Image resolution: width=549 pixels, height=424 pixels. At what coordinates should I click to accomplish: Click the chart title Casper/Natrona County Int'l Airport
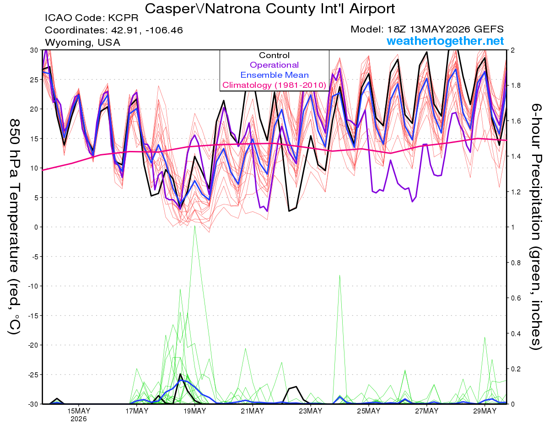point(269,9)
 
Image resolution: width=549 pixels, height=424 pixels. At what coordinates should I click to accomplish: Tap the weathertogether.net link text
point(445,41)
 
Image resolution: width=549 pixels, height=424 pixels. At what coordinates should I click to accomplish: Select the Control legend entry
point(274,55)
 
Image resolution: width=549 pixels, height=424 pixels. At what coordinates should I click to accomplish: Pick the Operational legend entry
point(274,65)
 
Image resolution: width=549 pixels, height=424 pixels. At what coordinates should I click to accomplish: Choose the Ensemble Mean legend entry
point(274,75)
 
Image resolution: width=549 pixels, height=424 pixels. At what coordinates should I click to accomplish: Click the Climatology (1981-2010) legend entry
point(274,85)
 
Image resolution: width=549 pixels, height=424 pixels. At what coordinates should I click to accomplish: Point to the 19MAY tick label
point(194,411)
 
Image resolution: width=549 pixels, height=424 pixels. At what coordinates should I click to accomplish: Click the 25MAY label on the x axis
point(368,411)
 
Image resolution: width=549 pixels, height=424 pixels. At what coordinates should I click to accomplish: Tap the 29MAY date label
point(484,411)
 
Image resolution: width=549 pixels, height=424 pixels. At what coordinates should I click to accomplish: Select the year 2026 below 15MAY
point(79,419)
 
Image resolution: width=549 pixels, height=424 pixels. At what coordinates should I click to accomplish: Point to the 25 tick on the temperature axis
point(34,80)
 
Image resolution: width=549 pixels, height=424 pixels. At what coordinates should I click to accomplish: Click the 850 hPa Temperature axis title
point(14,227)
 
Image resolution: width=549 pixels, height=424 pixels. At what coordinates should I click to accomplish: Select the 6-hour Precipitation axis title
point(535,227)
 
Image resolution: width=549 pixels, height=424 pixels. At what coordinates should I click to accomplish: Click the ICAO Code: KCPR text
point(91,18)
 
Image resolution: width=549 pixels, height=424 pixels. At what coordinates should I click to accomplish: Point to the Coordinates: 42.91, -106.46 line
point(114,30)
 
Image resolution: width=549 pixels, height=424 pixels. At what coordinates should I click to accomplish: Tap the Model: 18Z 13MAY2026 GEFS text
point(427,29)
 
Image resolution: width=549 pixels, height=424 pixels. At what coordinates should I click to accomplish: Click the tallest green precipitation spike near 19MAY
point(194,226)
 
